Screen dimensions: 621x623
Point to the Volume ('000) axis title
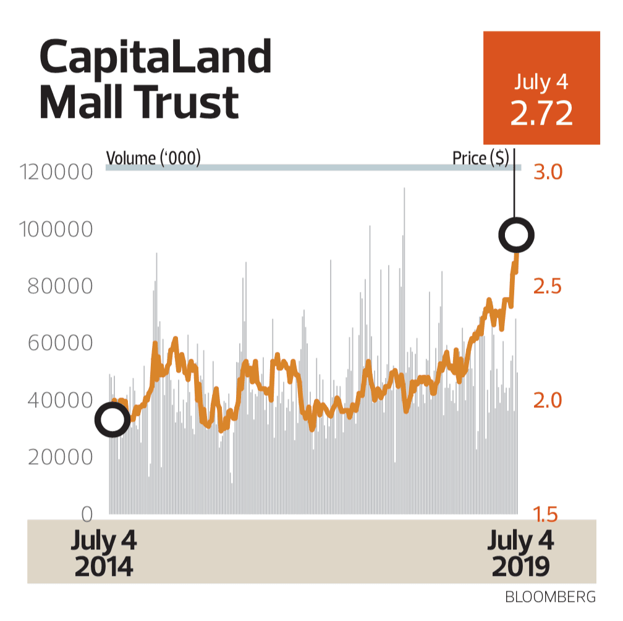(x=154, y=159)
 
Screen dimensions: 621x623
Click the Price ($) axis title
(x=480, y=159)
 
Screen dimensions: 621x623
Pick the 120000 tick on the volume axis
(x=56, y=172)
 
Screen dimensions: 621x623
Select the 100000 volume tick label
(x=56, y=230)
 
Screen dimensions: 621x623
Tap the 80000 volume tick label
(x=60, y=286)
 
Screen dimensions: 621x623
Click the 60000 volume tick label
(x=60, y=343)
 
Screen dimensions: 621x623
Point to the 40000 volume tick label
(x=60, y=400)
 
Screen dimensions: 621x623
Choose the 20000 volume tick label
(x=60, y=457)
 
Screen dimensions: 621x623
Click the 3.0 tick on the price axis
(x=547, y=172)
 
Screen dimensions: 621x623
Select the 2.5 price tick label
(x=547, y=286)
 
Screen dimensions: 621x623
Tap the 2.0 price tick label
(x=547, y=400)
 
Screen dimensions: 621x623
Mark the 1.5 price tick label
(x=547, y=514)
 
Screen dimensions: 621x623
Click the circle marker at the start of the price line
(x=112, y=420)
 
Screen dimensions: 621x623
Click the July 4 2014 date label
(x=103, y=554)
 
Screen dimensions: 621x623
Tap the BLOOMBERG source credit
(x=550, y=598)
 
